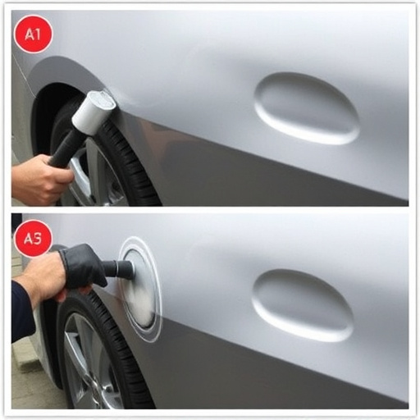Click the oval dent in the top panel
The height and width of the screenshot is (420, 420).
pos(306,107)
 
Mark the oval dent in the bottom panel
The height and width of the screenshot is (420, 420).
pos(302,304)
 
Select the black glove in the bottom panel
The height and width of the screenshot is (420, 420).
pos(82,267)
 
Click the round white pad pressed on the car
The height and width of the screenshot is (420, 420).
pos(141,287)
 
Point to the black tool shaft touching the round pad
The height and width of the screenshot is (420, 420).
pos(118,269)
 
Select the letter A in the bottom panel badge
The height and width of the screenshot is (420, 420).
pos(27,239)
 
